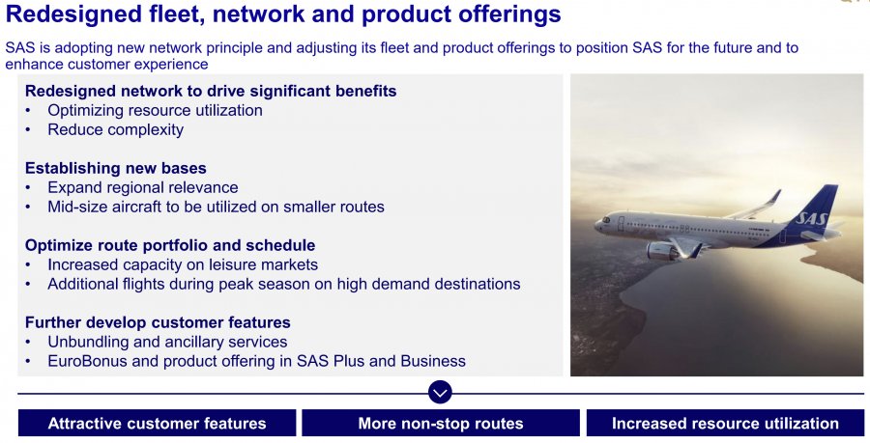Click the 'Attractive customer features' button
[x=157, y=423]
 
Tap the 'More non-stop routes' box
[x=441, y=423]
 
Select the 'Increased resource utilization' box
[x=725, y=423]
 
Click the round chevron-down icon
[x=440, y=392]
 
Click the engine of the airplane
[x=663, y=251]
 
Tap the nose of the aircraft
[x=598, y=225]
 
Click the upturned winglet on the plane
[x=774, y=197]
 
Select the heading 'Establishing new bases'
[x=115, y=168]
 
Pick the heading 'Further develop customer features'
[x=158, y=322]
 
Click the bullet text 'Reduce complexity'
[x=115, y=129]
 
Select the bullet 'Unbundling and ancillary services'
[x=167, y=342]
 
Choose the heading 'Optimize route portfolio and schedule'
[x=170, y=245]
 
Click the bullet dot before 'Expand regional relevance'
[x=28, y=188]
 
